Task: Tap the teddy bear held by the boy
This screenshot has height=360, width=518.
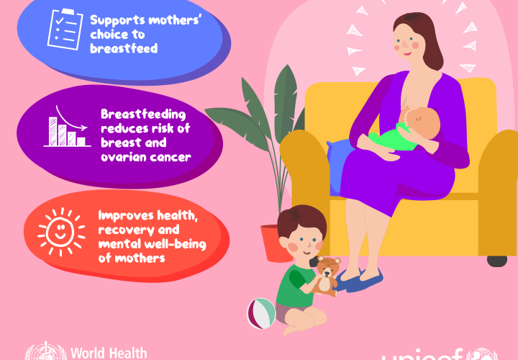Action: (327, 274)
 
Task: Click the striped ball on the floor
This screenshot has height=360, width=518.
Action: (261, 313)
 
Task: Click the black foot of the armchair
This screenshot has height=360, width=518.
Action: (496, 260)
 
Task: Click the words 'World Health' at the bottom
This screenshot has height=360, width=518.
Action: (109, 353)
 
